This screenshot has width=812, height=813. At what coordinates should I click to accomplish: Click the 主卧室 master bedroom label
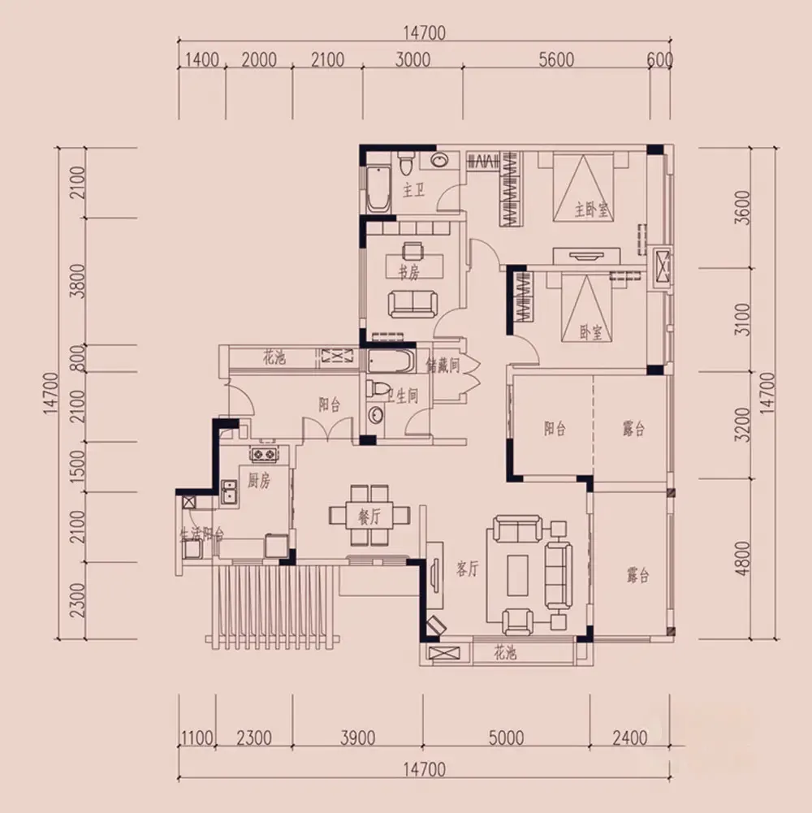(x=590, y=210)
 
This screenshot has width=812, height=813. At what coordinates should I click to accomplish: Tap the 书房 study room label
(x=408, y=272)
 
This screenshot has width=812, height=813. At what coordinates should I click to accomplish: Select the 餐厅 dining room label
(x=369, y=516)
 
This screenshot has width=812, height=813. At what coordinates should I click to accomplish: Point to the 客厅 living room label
(x=467, y=569)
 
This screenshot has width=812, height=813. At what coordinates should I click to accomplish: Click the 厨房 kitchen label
(x=258, y=481)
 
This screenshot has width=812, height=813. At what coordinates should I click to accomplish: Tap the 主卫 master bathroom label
(x=413, y=190)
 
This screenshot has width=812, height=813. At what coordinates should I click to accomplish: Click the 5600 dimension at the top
(x=556, y=59)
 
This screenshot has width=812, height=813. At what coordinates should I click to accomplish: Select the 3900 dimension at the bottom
(x=357, y=737)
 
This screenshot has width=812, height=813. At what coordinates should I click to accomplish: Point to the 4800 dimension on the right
(x=742, y=559)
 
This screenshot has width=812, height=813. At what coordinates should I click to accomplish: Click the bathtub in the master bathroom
(x=378, y=188)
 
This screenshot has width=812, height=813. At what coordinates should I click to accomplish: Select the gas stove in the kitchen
(x=263, y=454)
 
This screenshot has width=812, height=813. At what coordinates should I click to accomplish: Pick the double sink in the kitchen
(x=229, y=491)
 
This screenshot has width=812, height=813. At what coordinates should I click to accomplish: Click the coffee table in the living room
(x=517, y=575)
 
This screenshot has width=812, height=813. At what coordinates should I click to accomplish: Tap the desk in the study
(x=414, y=266)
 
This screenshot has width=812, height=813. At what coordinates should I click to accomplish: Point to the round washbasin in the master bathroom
(x=439, y=161)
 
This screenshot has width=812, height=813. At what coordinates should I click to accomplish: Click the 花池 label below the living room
(x=504, y=652)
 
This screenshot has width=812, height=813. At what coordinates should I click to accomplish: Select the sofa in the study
(x=412, y=303)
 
